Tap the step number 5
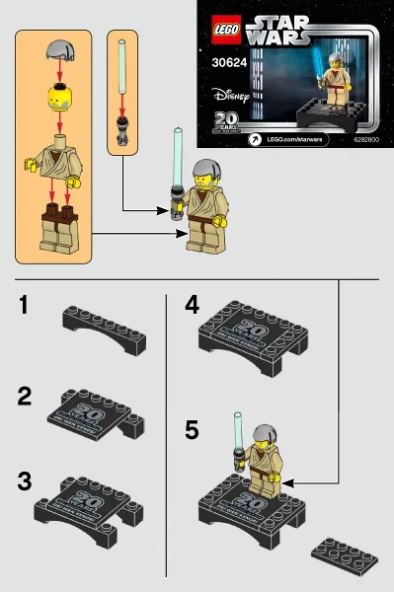193,429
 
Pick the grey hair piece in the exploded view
58,50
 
